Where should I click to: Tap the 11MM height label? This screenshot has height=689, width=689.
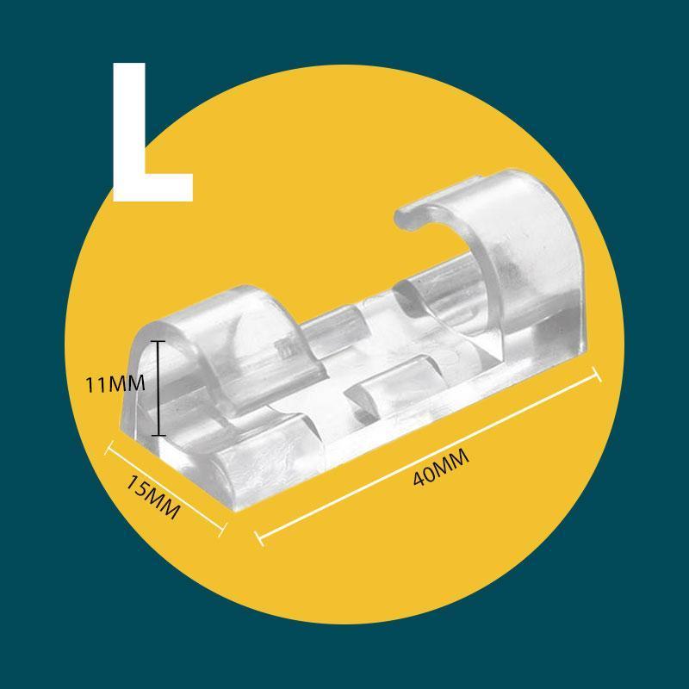[x=115, y=384]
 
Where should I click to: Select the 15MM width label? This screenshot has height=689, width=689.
[x=153, y=498]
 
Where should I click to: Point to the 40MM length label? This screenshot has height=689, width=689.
[x=441, y=467]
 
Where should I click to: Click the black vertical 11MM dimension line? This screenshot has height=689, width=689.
[x=158, y=388]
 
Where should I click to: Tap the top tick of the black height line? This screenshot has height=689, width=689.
[x=158, y=341]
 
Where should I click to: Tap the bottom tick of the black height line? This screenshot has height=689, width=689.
[x=158, y=435]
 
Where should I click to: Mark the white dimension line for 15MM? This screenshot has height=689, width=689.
[x=165, y=488]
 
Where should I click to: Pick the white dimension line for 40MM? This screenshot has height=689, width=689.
[x=428, y=456]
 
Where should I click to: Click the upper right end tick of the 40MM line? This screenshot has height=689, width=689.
[x=597, y=375]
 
